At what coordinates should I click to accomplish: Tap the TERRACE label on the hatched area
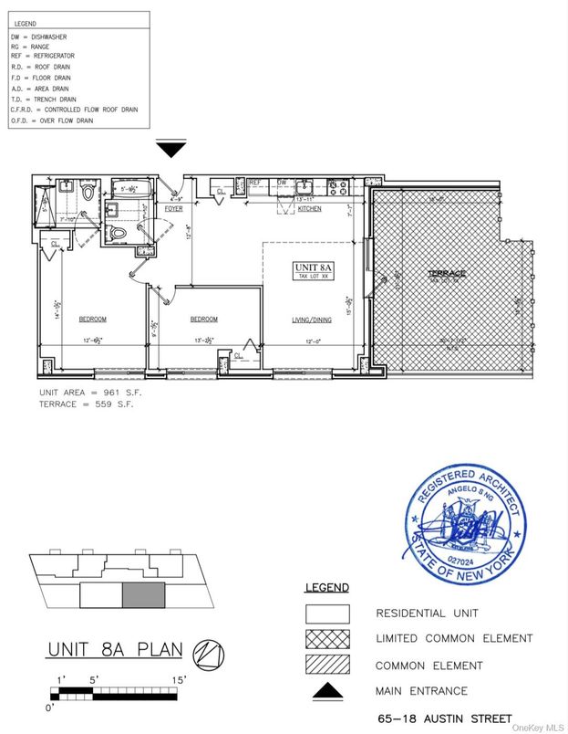448,274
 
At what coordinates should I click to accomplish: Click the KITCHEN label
310,209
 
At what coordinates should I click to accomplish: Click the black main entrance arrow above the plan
170,149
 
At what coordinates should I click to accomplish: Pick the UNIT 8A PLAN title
115,650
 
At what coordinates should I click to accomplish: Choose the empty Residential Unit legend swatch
327,613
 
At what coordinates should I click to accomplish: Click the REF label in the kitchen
256,183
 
